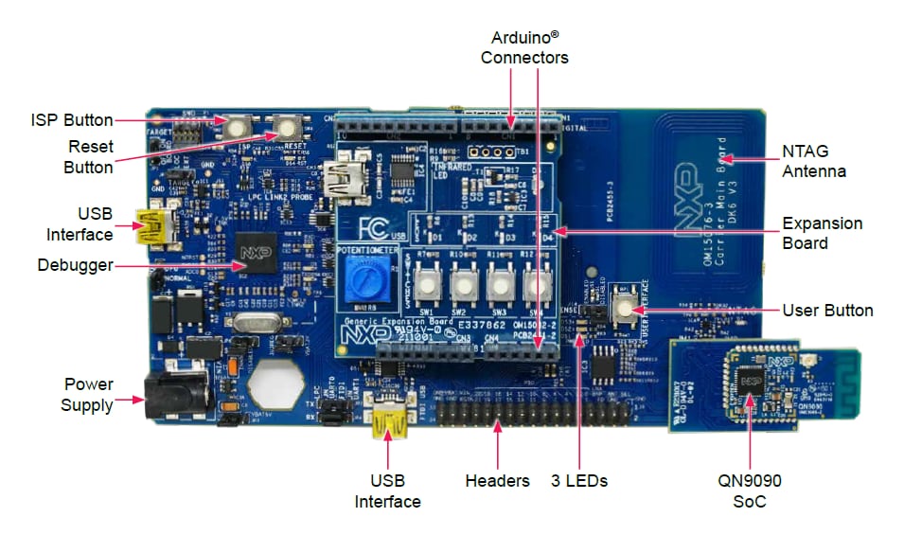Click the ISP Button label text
click(72, 120)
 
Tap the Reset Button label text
click(89, 157)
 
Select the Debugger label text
click(76, 266)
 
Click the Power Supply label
click(88, 395)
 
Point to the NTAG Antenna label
click(813, 161)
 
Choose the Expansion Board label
click(822, 233)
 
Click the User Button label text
click(827, 311)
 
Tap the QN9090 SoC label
click(749, 490)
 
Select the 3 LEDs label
click(578, 481)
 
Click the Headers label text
click(497, 481)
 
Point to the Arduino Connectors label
click(524, 47)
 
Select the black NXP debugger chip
click(254, 253)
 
